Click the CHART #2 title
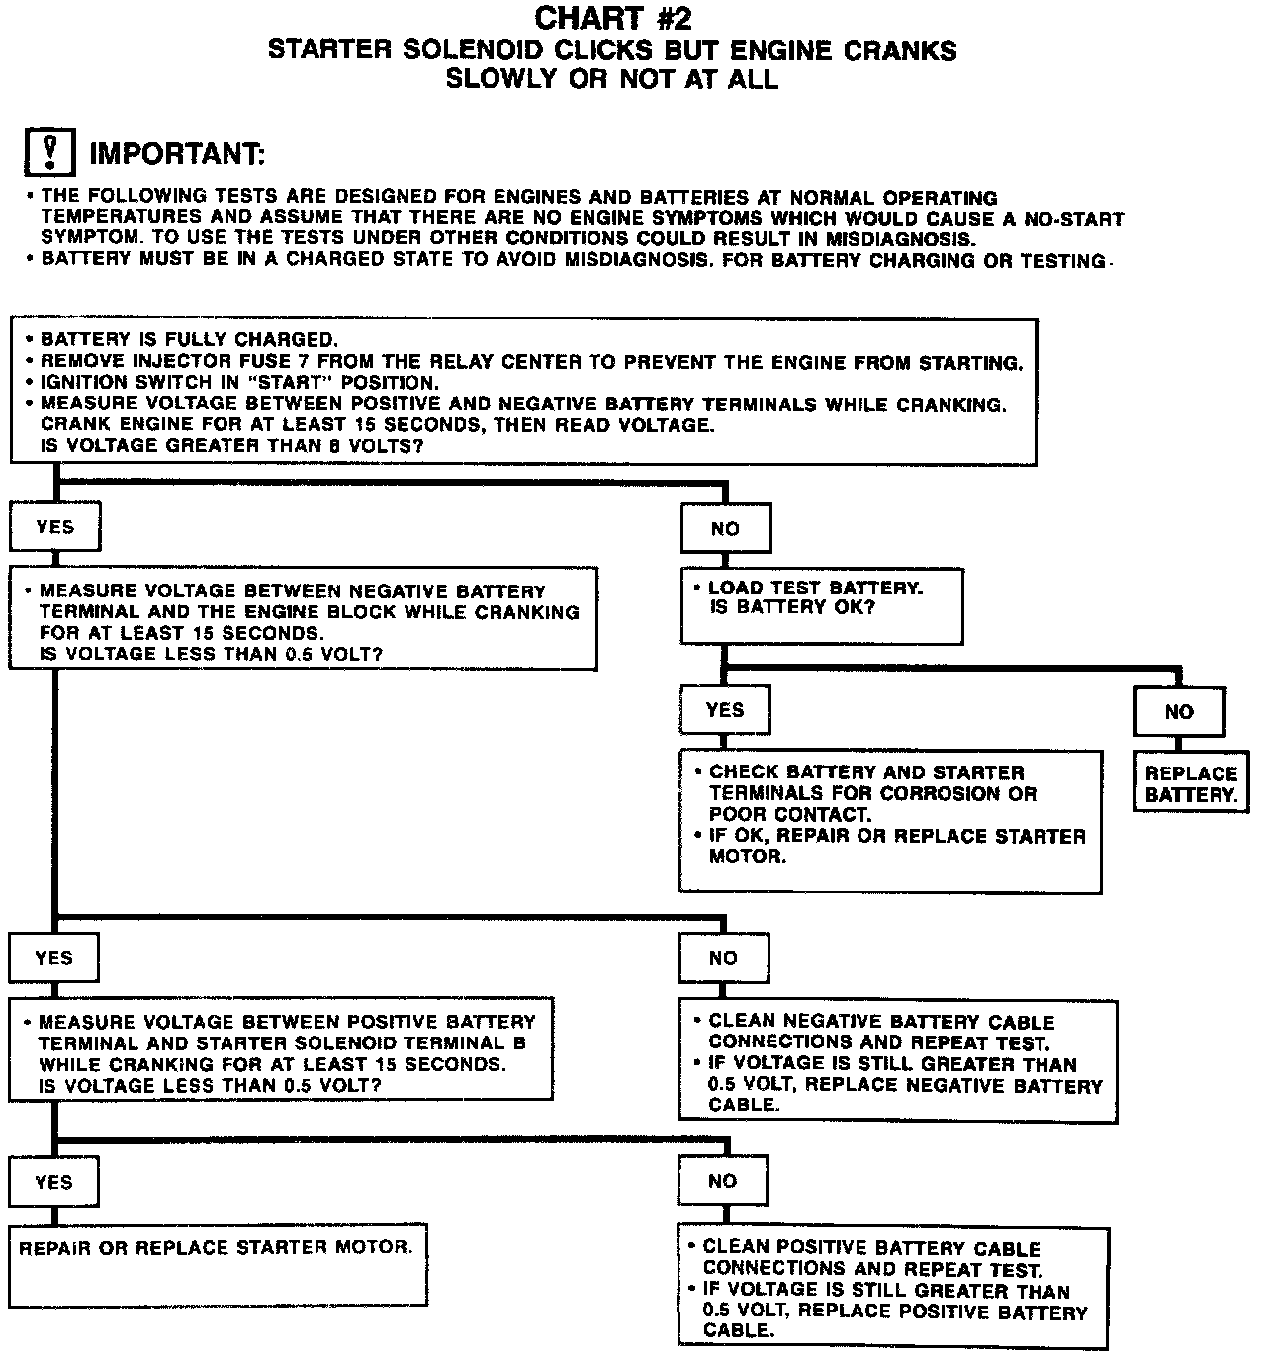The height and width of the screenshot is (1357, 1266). pos(613,19)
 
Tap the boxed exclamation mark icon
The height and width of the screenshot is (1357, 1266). pos(48,153)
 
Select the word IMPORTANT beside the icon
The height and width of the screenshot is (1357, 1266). pos(177,154)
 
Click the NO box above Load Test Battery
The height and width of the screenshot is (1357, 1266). pos(725,529)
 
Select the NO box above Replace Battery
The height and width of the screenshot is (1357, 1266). pos(1178,712)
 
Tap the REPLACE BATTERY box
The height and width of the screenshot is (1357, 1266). pos(1191,784)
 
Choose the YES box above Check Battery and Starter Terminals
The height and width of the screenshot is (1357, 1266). pos(725,710)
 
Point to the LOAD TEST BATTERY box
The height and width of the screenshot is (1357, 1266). pos(821,604)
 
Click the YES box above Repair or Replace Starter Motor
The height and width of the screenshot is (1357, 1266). pos(53,1182)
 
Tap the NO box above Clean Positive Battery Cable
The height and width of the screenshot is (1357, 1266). pos(722,1181)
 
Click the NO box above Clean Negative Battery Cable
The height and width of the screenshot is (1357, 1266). pos(723,958)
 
